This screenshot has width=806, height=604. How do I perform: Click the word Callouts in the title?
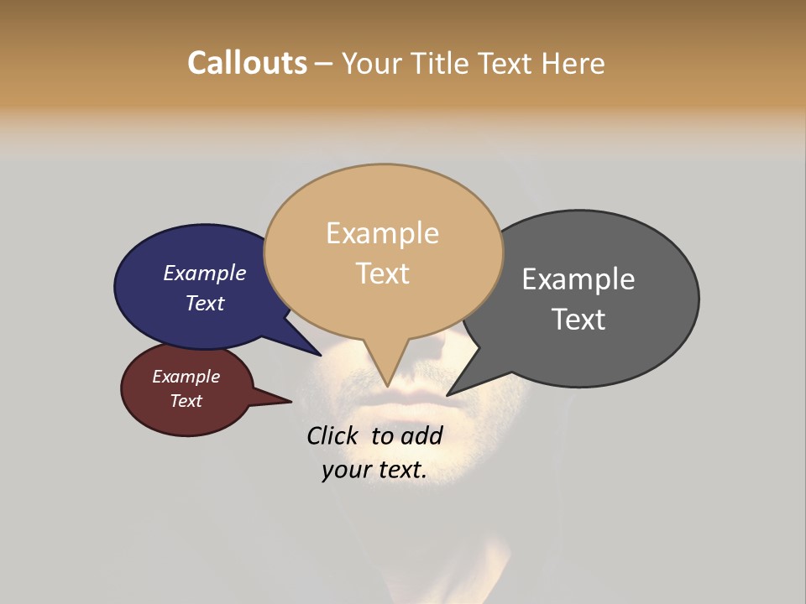pyautogui.click(x=247, y=63)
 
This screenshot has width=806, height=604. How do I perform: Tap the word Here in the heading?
pyautogui.click(x=575, y=63)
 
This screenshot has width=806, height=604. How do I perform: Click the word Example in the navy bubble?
pyautogui.click(x=205, y=273)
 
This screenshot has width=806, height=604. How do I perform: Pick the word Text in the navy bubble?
pyautogui.click(x=205, y=303)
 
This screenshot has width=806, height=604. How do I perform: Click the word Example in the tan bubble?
pyautogui.click(x=382, y=232)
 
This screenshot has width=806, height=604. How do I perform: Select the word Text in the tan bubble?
pyautogui.click(x=382, y=273)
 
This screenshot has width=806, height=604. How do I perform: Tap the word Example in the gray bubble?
pyautogui.click(x=578, y=279)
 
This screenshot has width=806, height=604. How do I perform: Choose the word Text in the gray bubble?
pyautogui.click(x=578, y=319)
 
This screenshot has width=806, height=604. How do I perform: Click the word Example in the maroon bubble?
pyautogui.click(x=186, y=377)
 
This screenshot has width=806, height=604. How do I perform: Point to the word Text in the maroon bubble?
pyautogui.click(x=186, y=401)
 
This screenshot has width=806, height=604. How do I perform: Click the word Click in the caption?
pyautogui.click(x=333, y=435)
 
